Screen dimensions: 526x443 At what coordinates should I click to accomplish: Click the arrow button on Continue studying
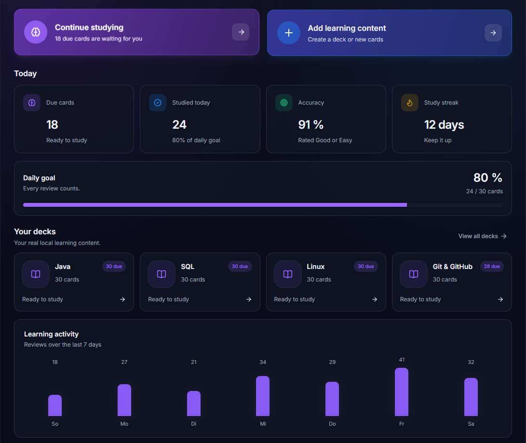pos(241,32)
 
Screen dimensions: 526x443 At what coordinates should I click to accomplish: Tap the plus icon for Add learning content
pos(288,33)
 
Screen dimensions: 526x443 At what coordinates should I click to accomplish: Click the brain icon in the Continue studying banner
pos(36,32)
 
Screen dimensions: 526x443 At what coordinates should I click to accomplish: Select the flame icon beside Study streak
pos(410,103)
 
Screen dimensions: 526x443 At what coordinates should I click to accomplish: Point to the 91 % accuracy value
pos(310,125)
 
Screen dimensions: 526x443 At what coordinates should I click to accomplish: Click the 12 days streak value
pos(444,125)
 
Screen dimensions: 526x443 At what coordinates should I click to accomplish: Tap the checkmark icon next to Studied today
pos(157,103)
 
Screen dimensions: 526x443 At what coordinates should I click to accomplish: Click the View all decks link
pos(483,236)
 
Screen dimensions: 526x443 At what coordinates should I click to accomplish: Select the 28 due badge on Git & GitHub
pos(492,266)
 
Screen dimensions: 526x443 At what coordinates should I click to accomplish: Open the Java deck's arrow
pos(122,299)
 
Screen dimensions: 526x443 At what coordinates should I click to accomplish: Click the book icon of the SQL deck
pos(162,274)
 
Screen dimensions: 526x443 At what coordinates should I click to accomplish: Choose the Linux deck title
pos(316,267)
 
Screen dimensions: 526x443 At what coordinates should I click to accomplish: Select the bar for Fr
pos(402,392)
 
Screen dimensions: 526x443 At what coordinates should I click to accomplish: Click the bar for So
pos(55,405)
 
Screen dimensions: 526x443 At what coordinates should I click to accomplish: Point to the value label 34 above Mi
pos(263,362)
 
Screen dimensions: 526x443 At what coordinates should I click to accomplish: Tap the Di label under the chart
pos(193,424)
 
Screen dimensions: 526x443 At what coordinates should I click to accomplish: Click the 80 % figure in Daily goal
pos(488,178)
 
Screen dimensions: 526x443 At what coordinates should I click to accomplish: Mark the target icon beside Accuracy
pos(284,103)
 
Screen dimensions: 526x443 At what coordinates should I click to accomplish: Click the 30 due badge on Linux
pos(365,266)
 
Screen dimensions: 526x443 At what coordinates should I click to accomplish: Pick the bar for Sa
pos(471,397)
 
